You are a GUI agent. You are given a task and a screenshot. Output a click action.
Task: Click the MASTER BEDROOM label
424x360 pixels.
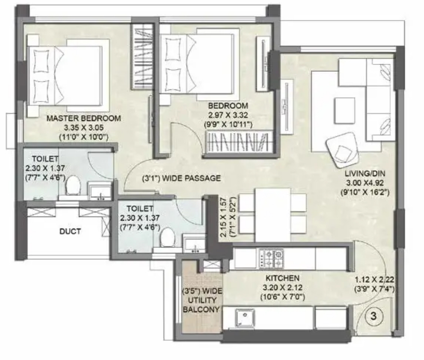[x=84, y=118]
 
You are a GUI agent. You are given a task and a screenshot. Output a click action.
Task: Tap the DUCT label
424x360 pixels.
[x=70, y=232]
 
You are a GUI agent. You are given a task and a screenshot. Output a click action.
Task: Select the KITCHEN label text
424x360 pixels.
[x=282, y=278]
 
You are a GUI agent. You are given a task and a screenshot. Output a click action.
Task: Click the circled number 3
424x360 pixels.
[x=374, y=316]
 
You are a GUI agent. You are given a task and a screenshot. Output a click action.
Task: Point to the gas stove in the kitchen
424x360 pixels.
[x=271, y=258]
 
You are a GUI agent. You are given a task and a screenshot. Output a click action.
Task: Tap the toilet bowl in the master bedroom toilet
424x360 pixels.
[x=73, y=184]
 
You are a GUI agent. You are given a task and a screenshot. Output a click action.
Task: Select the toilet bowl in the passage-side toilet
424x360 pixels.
[x=167, y=237]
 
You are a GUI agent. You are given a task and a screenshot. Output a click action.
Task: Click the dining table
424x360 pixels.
[x=272, y=215]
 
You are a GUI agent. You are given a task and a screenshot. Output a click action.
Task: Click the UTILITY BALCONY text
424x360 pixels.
[x=201, y=305]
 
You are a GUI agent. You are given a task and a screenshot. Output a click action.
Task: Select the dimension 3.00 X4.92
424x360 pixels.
[x=364, y=183]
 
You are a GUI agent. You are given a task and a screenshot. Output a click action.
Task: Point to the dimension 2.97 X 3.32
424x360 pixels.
[x=228, y=115]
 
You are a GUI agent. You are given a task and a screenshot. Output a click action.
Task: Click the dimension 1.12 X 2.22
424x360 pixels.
[x=375, y=279]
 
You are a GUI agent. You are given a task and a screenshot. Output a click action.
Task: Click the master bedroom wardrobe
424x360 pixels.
[x=142, y=56]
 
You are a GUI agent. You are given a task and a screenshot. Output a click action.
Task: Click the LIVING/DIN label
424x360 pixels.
[x=365, y=174]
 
